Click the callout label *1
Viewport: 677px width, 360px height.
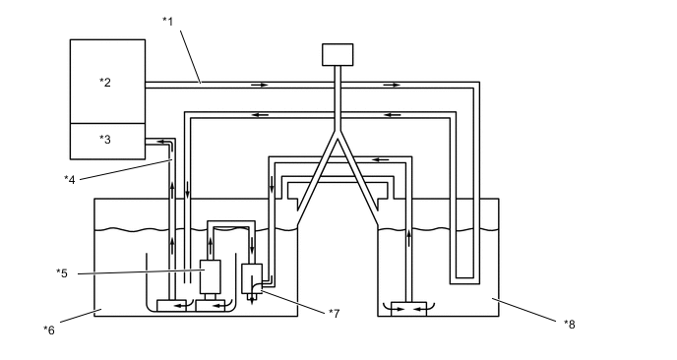(x=168, y=21)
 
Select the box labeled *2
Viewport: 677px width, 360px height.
(x=107, y=82)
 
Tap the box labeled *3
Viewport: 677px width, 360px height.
(x=107, y=142)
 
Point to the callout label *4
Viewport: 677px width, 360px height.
(x=70, y=180)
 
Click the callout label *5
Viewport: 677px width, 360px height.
(x=62, y=273)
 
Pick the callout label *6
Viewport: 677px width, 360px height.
(x=49, y=330)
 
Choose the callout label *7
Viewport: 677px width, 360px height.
(x=335, y=314)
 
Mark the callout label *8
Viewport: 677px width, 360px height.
(x=570, y=325)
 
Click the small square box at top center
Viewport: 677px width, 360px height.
(x=338, y=55)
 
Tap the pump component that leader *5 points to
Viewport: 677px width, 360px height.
(x=211, y=276)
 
